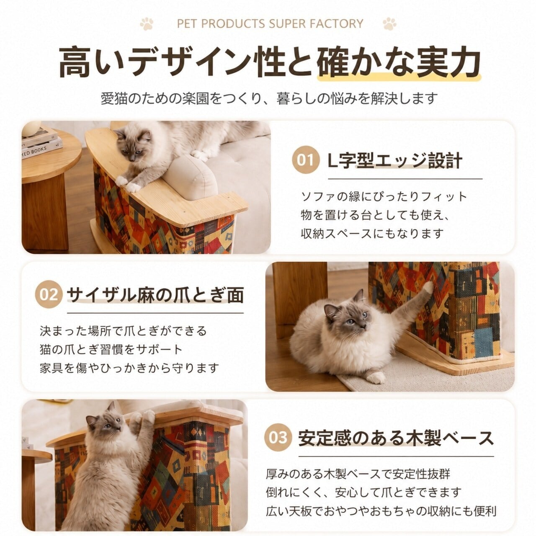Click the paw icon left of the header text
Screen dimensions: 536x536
coord(147,23)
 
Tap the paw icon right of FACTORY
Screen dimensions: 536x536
coord(389,23)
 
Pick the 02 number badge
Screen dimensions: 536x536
coord(49,294)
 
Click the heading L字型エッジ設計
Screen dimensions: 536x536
coord(395,160)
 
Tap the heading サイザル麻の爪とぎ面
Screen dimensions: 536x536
coord(155,295)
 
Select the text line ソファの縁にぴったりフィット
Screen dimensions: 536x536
coord(384,197)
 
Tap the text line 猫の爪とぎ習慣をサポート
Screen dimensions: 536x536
coord(111,350)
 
